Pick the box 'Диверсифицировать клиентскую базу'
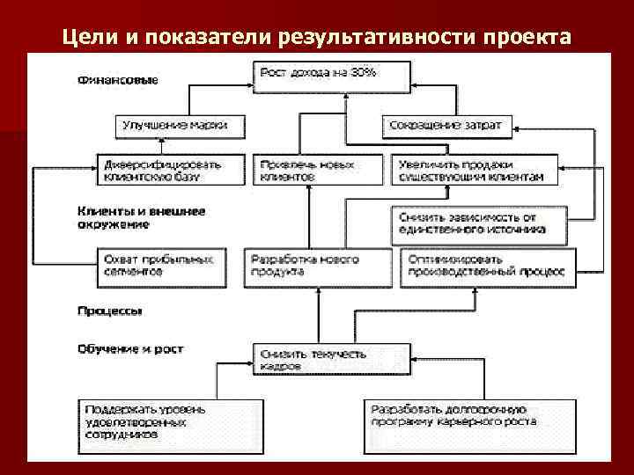pyautogui.click(x=159, y=170)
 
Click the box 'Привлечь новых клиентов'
pyautogui.click(x=319, y=170)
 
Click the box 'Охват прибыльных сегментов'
pyautogui.click(x=159, y=265)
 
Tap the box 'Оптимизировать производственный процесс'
pyautogui.click(x=489, y=265)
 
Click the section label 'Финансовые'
pyautogui.click(x=117, y=80)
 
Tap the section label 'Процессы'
pyautogui.click(x=110, y=311)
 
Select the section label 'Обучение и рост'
pyautogui.click(x=129, y=349)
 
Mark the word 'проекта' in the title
pyautogui.click(x=528, y=37)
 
